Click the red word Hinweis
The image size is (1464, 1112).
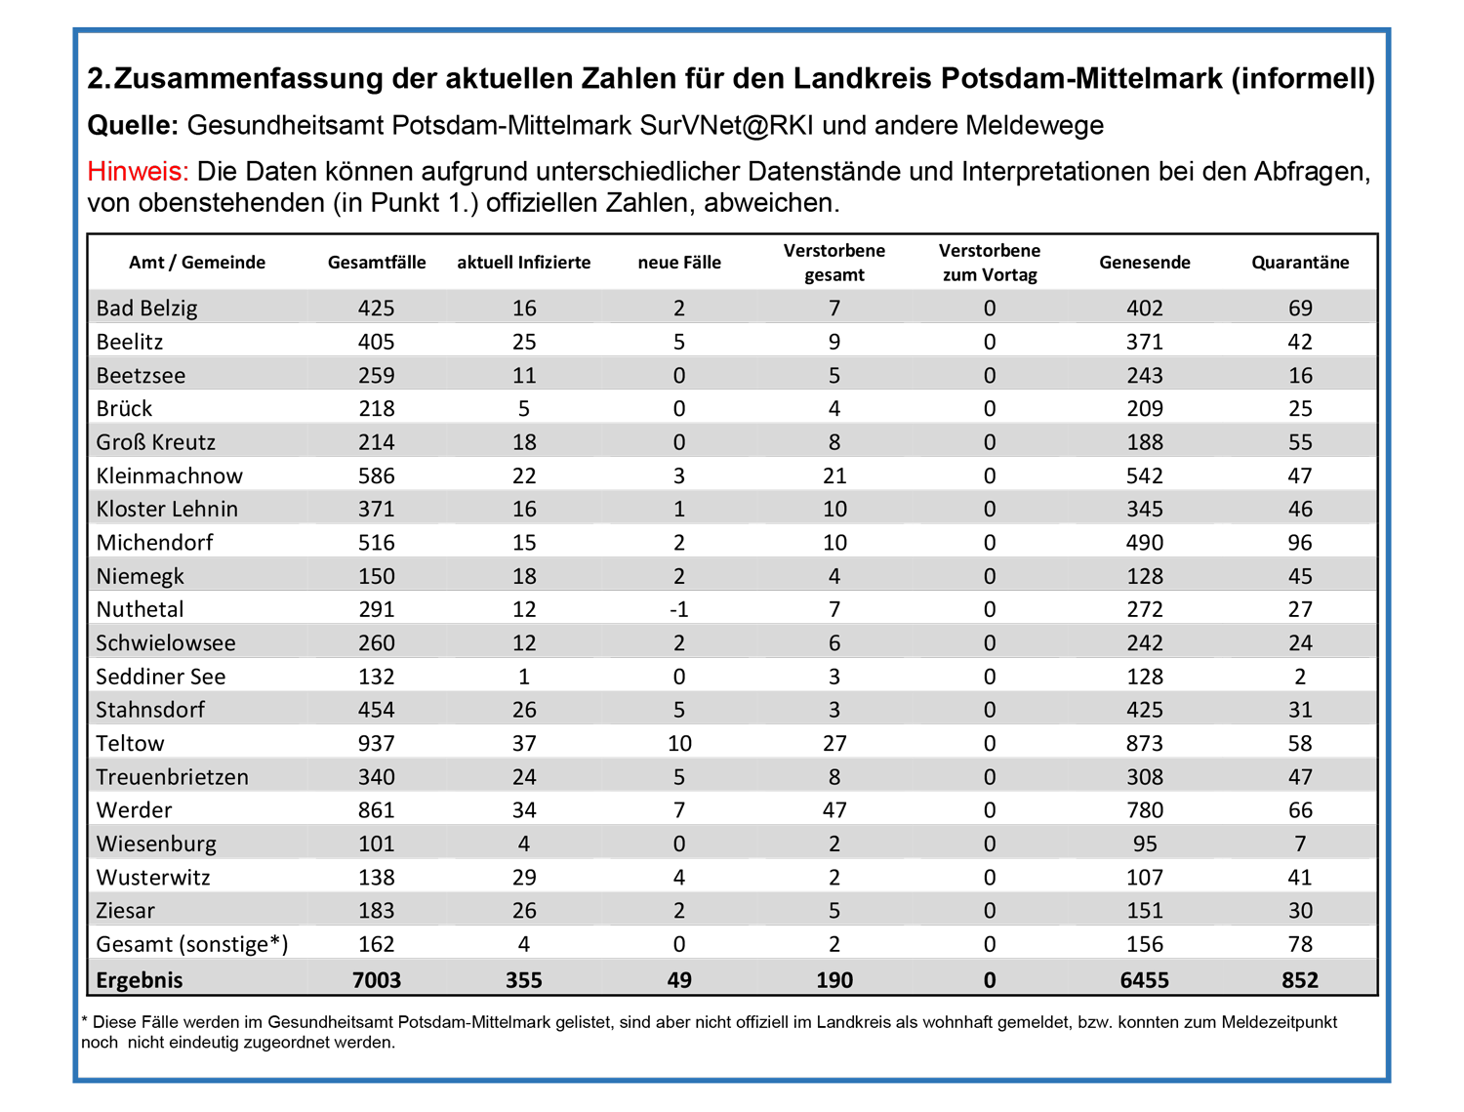pos(138,172)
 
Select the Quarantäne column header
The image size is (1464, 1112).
pos(1299,263)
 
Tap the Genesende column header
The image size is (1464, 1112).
pos(1145,263)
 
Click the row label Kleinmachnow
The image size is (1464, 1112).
pos(170,475)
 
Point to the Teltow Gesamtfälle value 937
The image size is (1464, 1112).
pos(376,743)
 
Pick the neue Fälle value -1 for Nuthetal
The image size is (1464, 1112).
pos(679,609)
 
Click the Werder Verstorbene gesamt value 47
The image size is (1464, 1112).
pos(834,809)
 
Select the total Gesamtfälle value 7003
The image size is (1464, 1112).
pos(376,980)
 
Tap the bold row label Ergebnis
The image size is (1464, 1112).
pos(140,980)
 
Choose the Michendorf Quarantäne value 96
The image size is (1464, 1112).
pos(1300,542)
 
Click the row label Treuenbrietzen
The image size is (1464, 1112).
pos(172,776)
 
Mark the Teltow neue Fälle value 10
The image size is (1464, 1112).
pos(679,743)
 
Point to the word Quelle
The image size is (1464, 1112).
pos(133,125)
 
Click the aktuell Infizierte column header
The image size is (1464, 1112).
pos(523,263)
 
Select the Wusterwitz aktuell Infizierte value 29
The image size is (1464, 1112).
pos(524,877)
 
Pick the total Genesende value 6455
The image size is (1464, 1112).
pos(1145,980)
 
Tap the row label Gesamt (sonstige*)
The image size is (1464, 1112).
pos(192,945)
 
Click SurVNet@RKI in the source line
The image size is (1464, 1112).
pos(726,125)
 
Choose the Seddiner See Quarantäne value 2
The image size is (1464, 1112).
pos(1300,677)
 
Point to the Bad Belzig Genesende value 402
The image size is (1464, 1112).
pos(1145,309)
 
